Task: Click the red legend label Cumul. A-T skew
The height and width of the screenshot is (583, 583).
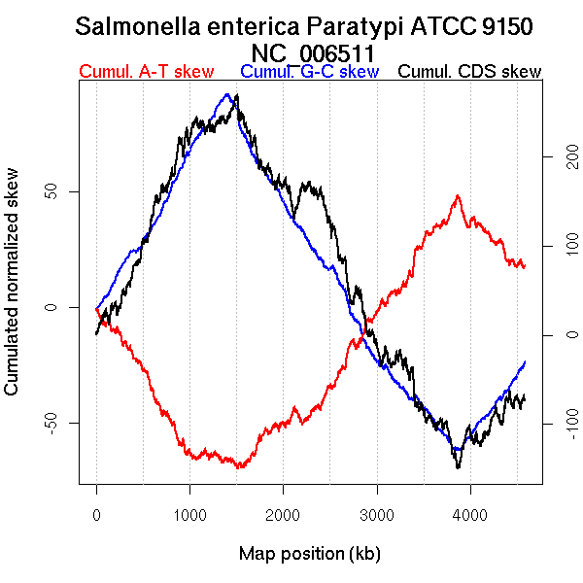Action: tap(146, 72)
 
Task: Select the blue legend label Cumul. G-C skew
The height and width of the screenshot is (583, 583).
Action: tap(309, 72)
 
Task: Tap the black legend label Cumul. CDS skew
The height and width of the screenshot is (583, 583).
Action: tap(470, 72)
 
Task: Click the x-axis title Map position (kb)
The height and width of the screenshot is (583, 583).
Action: tap(309, 554)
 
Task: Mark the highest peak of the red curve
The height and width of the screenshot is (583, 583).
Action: tap(457, 196)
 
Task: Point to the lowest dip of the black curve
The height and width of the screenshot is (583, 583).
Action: tap(457, 467)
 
